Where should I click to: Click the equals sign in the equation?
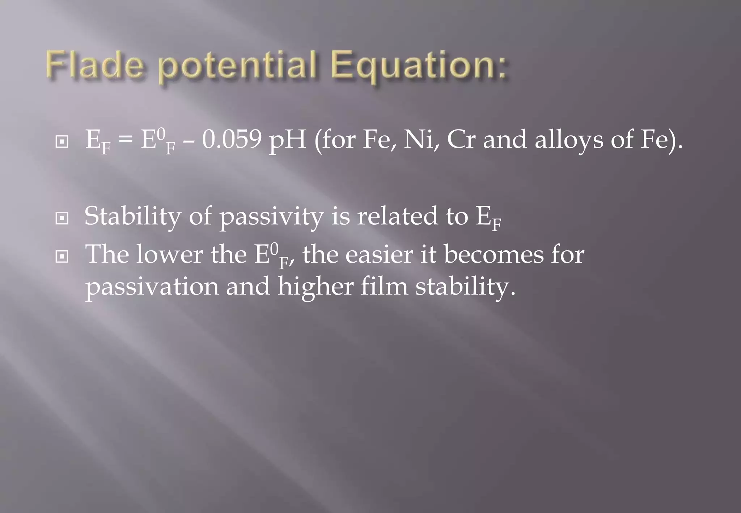click(125, 140)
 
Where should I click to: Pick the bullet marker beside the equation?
click(62, 142)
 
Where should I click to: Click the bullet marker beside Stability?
click(62, 218)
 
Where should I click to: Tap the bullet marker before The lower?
click(62, 257)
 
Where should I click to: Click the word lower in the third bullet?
click(169, 255)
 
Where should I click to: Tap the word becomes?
click(494, 255)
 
